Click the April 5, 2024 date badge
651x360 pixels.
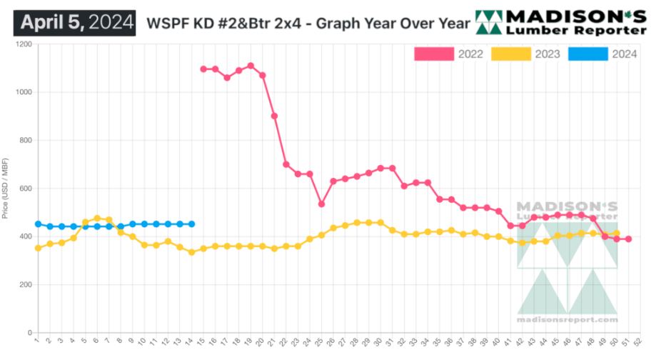(74, 21)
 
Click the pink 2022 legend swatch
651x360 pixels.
(434, 54)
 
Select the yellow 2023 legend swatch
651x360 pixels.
(511, 54)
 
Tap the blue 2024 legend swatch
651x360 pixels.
(588, 54)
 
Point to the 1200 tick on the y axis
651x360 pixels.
(24, 44)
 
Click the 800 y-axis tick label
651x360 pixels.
(26, 141)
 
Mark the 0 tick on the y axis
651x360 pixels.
(29, 333)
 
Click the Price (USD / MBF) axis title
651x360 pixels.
(6, 189)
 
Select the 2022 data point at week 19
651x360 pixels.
(251, 66)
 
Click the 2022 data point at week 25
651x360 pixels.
(321, 204)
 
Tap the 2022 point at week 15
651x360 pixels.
(203, 69)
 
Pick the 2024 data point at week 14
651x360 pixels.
(191, 224)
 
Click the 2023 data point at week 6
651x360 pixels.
(97, 219)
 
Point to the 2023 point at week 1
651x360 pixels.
(38, 248)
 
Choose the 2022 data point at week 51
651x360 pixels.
(628, 239)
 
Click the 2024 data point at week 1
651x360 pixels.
(38, 224)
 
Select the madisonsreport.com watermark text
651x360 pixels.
(567, 319)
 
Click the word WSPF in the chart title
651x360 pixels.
(163, 22)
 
